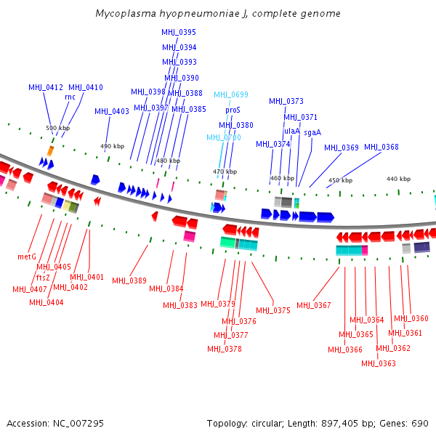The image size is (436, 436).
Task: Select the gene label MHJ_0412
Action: coord(46,87)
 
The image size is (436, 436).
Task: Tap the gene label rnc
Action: coord(70,97)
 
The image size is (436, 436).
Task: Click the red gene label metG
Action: coord(27,257)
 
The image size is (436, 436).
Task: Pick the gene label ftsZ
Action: coord(43,277)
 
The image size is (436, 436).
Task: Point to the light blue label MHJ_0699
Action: coord(231,94)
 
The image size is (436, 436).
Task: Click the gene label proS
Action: coord(233,110)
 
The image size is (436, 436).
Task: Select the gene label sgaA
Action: coord(312,132)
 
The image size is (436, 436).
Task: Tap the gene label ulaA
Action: coord(292,131)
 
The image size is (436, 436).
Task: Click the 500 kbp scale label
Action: coord(58,128)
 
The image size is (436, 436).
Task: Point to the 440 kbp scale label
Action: coord(398,179)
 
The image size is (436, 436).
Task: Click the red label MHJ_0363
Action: coord(379,363)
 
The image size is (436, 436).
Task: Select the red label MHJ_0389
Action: coord(129,280)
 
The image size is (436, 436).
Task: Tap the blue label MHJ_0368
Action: coord(381,147)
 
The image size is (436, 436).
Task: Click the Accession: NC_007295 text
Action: coord(55,423)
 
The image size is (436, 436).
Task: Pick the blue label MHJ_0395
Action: coord(179,33)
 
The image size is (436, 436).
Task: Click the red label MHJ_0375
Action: coord(272,310)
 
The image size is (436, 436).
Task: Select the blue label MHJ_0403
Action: coord(112,111)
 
